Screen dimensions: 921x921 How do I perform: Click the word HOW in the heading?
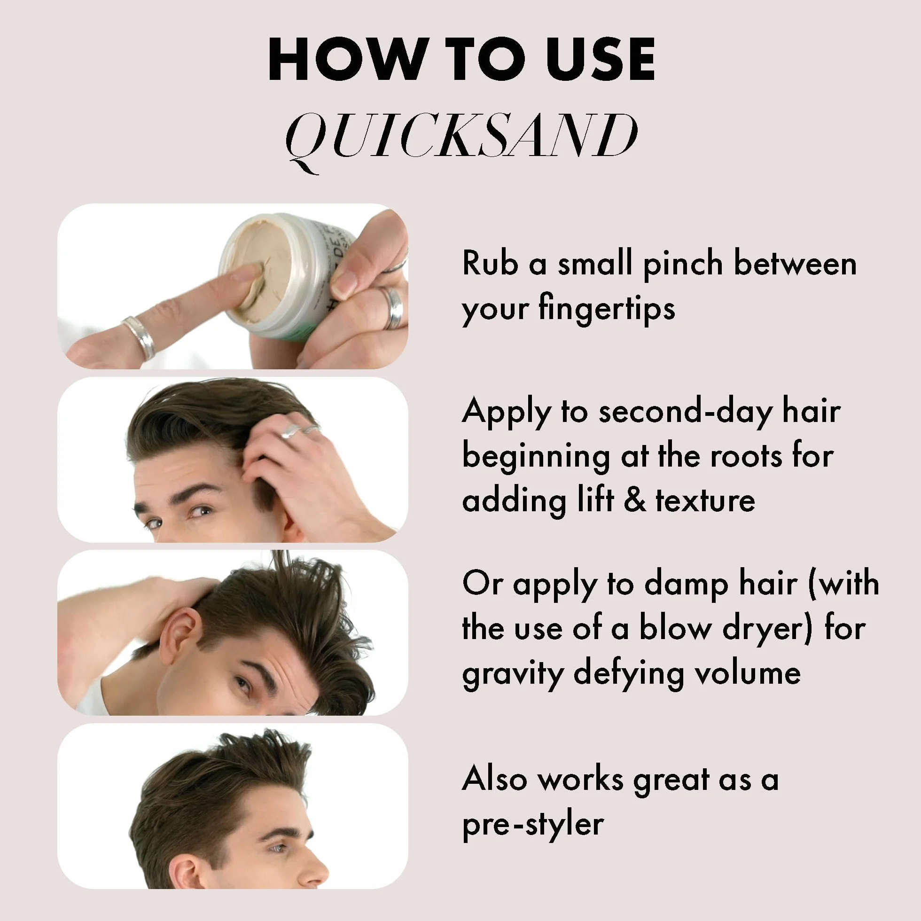(347, 59)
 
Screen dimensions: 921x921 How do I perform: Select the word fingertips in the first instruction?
(607, 309)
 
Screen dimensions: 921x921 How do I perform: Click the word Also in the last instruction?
(494, 780)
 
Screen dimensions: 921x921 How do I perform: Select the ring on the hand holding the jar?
(393, 307)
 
